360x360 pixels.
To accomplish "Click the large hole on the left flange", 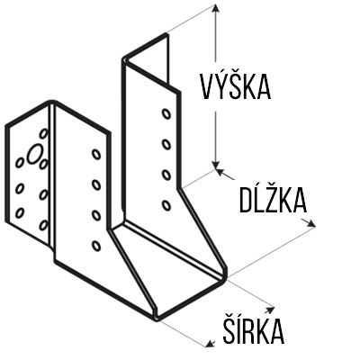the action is point(35,154).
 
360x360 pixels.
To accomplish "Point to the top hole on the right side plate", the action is point(166,114).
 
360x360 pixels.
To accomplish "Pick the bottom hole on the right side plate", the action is point(166,205).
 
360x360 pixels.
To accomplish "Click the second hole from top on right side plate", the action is point(166,145).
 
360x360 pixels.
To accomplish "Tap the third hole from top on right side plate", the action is point(166,175).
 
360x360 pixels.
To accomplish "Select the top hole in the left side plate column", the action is point(96,154).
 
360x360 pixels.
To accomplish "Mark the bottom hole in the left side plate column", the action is point(96,246).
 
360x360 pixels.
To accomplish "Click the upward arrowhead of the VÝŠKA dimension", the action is point(215,8).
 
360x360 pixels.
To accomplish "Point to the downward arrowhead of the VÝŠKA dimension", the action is point(215,165).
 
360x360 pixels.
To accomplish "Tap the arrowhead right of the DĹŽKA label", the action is point(310,223).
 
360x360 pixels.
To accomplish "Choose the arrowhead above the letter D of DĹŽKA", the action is point(220,172).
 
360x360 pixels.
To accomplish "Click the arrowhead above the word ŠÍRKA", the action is point(269,309).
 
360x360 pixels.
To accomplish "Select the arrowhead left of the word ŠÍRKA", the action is point(211,343).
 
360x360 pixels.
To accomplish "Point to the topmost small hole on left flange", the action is point(44,134).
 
